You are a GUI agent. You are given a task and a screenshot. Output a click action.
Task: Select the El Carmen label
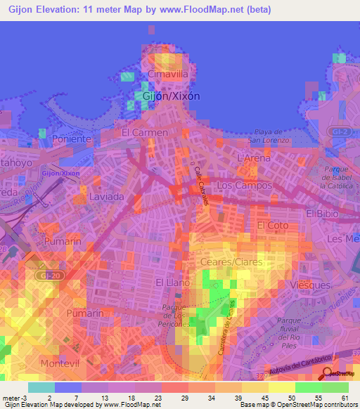145,132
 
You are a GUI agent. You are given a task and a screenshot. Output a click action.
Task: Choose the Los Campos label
244,186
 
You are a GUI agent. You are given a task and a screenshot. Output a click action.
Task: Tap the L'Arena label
255,159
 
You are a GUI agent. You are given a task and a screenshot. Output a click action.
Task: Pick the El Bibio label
323,213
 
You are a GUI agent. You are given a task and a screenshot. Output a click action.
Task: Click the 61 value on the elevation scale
345,398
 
